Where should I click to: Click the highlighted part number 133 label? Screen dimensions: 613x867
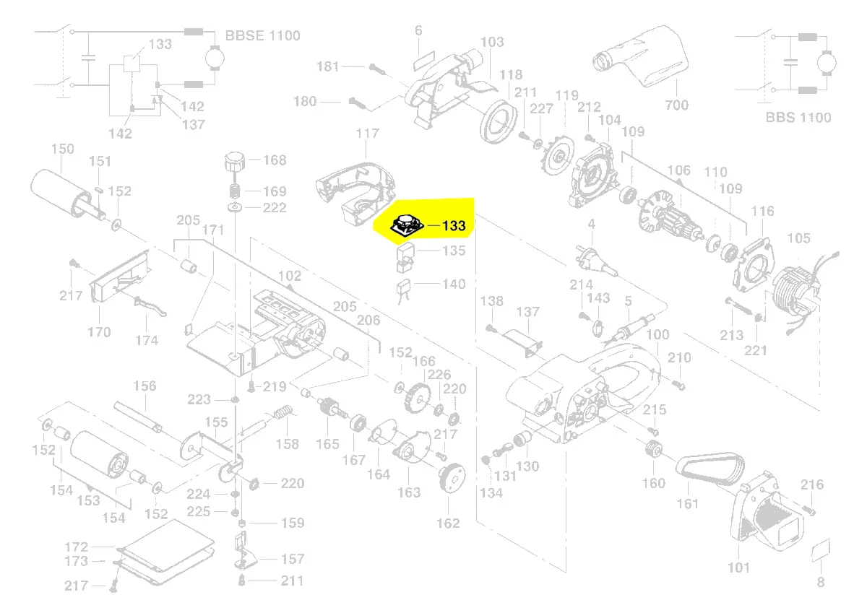point(454,226)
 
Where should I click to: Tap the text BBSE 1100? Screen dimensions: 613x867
point(263,35)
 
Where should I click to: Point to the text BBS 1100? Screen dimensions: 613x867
point(798,117)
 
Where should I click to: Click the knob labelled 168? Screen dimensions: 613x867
point(235,160)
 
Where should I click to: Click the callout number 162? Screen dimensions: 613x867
point(448,523)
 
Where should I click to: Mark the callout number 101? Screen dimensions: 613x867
point(738,568)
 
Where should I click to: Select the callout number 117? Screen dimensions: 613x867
point(367,134)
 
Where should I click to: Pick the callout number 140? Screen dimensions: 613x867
point(454,284)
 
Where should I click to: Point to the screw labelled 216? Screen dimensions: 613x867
point(808,508)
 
